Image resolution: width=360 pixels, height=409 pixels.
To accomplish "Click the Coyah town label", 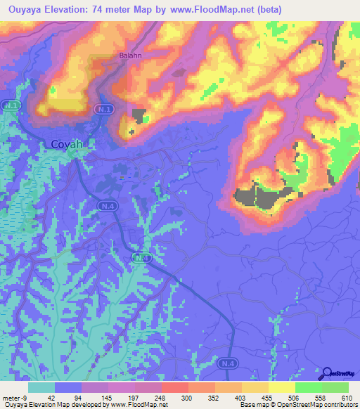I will point(67,144).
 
